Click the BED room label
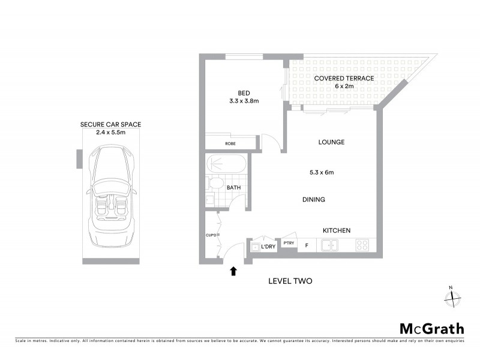(244, 93)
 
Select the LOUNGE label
(331, 142)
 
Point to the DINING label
(314, 200)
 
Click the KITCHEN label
(337, 230)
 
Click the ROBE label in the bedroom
(230, 143)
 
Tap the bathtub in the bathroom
(225, 164)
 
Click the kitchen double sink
(329, 245)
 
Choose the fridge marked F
(307, 245)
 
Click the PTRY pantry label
(289, 243)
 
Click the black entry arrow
(233, 272)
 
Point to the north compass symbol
(452, 296)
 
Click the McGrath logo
(431, 328)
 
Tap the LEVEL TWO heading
(290, 281)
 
